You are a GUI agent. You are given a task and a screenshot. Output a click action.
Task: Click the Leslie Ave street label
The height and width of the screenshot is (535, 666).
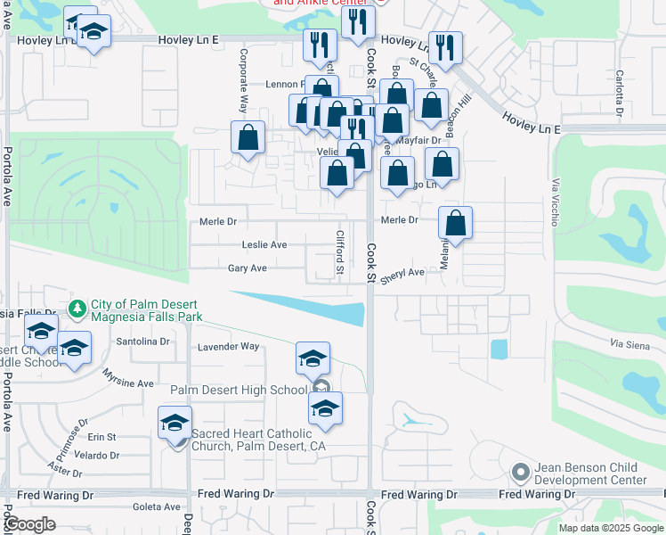[264, 244]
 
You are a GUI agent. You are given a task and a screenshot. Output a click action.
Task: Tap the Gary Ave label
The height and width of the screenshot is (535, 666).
[248, 267]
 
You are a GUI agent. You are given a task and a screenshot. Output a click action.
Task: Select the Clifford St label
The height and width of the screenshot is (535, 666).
[339, 252]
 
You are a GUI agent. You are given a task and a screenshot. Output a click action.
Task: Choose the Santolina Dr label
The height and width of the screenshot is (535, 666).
[142, 342]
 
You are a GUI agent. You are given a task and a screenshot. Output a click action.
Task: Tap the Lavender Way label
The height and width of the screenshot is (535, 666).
[228, 346]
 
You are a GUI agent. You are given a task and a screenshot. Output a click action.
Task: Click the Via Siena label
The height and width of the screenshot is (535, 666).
[629, 344]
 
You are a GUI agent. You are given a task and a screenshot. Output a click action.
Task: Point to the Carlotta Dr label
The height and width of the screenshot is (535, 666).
[617, 86]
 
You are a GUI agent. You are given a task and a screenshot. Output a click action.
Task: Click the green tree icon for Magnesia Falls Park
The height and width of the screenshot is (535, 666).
[78, 308]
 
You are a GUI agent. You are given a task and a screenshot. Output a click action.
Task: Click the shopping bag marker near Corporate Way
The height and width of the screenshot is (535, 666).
[248, 138]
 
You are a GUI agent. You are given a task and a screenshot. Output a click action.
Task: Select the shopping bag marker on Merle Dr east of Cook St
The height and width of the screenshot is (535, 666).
[455, 224]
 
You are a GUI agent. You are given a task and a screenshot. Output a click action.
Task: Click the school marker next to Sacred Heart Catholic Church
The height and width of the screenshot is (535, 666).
[175, 422]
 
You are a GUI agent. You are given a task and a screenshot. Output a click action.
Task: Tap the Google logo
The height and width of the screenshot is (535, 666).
[29, 524]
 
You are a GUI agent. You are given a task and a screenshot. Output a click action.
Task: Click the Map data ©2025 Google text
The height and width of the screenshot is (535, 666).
[610, 528]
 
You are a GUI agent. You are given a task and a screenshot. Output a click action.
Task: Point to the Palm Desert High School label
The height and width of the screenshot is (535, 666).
[238, 390]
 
